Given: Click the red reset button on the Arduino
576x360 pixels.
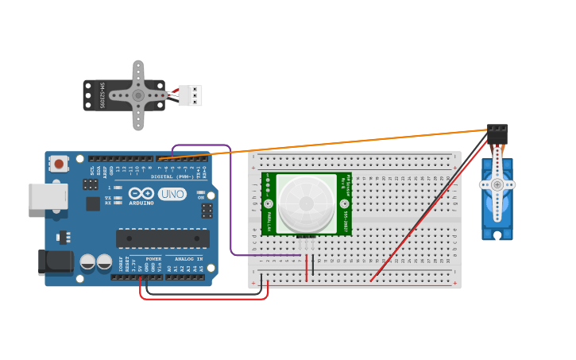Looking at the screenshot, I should click(x=58, y=164).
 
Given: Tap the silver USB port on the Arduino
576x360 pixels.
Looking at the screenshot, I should click(x=48, y=196).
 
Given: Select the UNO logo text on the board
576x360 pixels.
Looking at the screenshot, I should click(x=172, y=194).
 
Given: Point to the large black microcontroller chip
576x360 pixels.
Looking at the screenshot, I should click(x=163, y=238).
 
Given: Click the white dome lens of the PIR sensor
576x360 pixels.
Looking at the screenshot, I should click(x=306, y=204).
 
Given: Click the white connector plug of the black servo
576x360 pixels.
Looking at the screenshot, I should click(x=191, y=95).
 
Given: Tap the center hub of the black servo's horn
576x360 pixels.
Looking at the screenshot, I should click(x=138, y=95).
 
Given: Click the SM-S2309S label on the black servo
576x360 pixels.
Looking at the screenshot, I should click(x=102, y=95).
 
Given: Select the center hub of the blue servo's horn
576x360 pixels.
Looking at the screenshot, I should click(x=497, y=184).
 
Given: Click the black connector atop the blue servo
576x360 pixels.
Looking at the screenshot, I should click(x=497, y=134).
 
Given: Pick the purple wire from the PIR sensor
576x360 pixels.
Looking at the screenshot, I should click(x=230, y=199).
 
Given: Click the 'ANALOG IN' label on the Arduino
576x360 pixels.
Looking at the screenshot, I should click(x=188, y=259).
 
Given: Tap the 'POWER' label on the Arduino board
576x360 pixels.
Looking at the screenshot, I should click(x=153, y=259).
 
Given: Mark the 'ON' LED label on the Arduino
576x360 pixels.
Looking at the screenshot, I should click(x=201, y=196).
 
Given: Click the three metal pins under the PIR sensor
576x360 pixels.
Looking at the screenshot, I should click(x=306, y=242).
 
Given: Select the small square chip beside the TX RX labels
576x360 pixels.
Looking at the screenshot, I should click(x=93, y=203).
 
